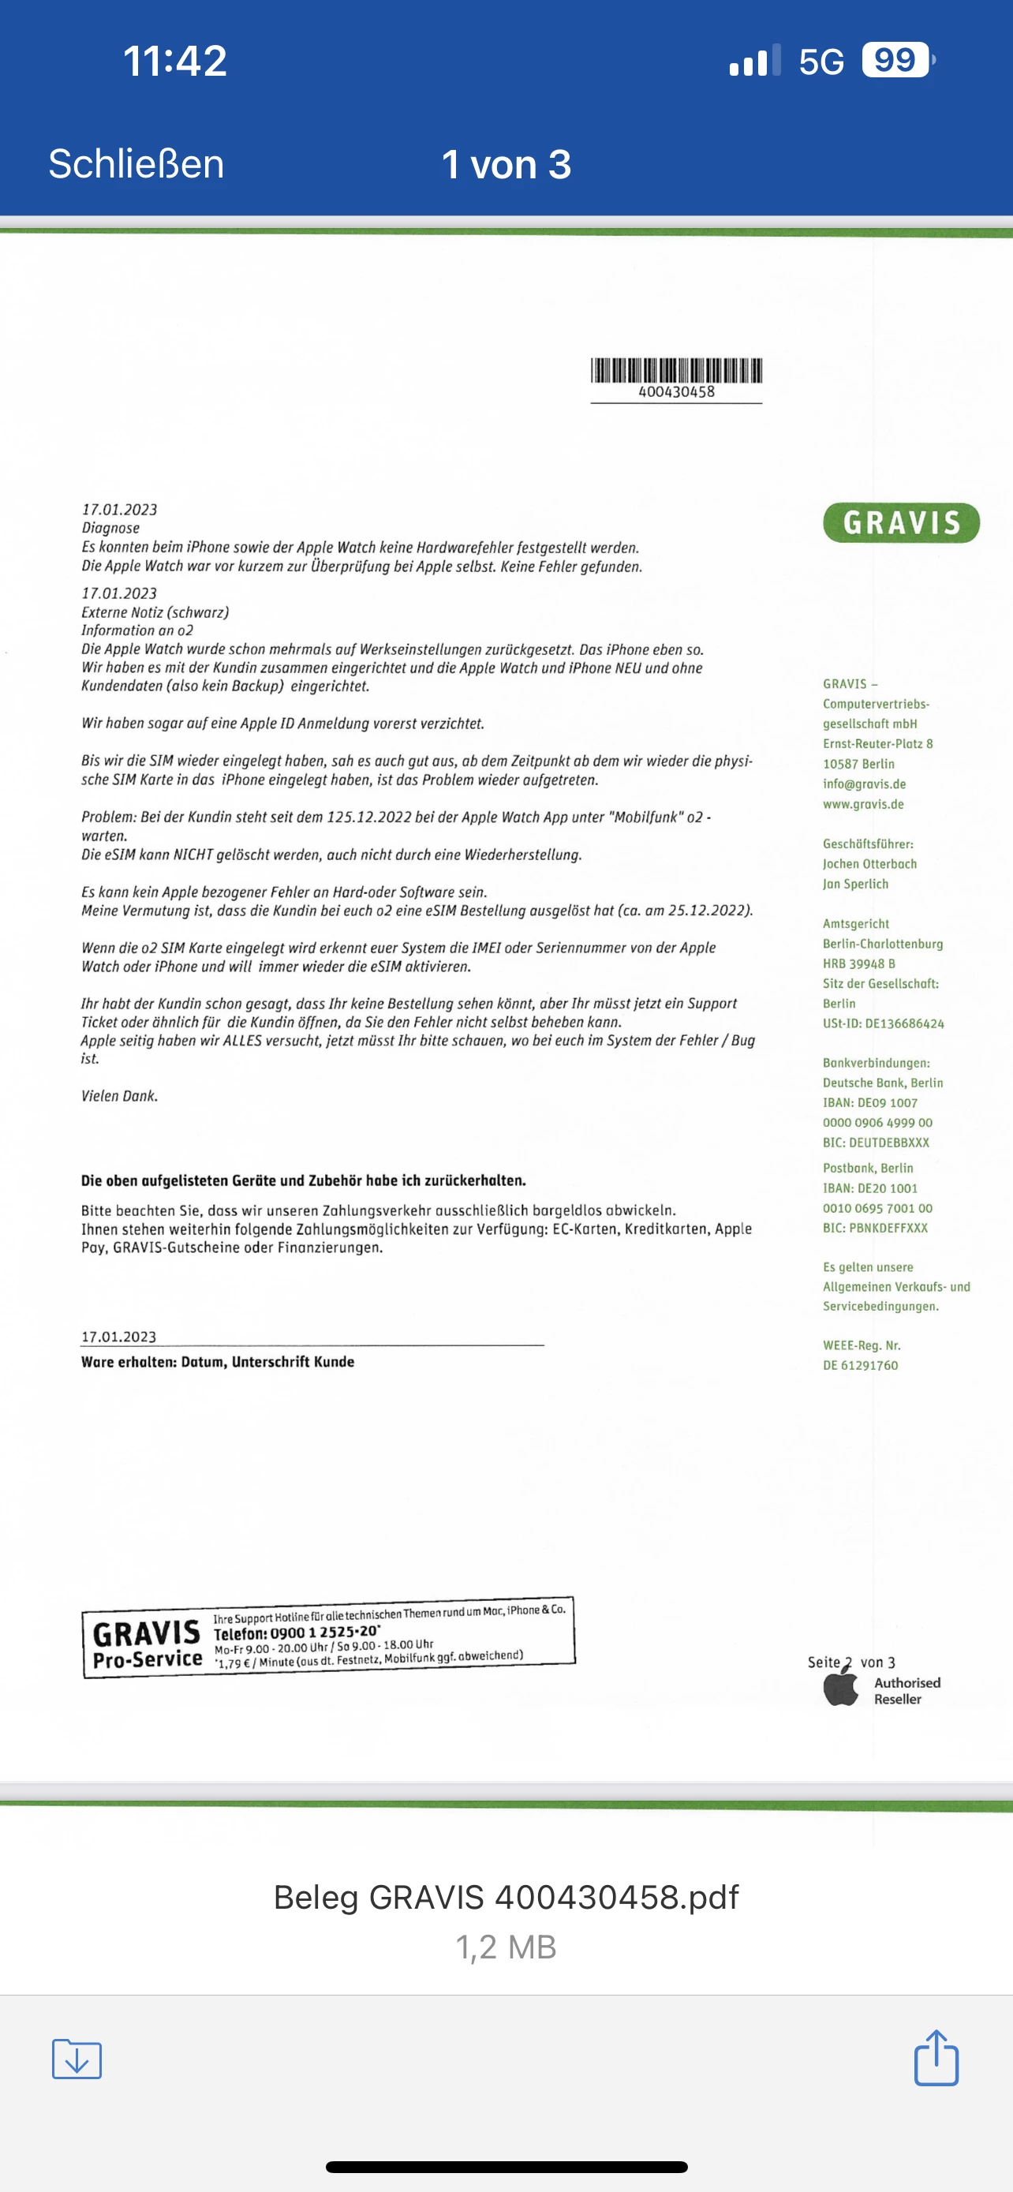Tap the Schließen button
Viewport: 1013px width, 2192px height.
coord(136,163)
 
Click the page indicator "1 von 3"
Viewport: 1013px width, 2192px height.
coord(506,164)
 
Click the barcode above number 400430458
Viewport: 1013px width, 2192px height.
coord(676,370)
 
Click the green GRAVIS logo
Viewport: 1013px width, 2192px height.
coord(901,522)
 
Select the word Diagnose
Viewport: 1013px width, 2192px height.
coord(110,529)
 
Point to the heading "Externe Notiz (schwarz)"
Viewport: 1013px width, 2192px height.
coord(155,612)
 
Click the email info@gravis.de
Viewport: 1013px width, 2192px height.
coord(864,784)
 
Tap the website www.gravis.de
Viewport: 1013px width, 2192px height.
coord(863,804)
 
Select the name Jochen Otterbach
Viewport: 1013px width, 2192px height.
coord(869,864)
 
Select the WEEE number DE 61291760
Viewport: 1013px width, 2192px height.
coord(860,1365)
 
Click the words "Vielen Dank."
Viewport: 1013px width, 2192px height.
coord(119,1096)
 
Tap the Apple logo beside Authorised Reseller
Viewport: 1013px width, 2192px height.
coord(841,1689)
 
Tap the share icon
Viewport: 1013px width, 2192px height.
coord(936,2059)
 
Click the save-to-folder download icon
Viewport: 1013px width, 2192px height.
coord(77,2059)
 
